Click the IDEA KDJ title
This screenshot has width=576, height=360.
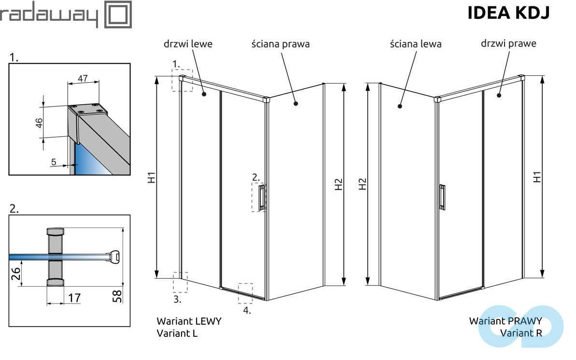coord(508,14)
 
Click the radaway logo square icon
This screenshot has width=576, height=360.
coord(118,14)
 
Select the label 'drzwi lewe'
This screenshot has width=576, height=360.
coord(188,44)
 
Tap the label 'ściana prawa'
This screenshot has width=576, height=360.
coord(281,44)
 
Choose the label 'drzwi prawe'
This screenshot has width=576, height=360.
coord(508,43)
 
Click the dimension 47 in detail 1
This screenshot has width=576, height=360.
coord(83,79)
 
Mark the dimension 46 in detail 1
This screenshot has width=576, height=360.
coord(39,123)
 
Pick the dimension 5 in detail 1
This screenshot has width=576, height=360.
coord(54,162)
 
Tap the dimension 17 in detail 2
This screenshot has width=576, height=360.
coord(73,298)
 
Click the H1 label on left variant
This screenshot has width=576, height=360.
coord(152,177)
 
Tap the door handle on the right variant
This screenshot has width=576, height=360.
coord(442,197)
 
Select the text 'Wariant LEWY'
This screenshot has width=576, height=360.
coord(189,321)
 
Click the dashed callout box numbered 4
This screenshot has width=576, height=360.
coord(245,293)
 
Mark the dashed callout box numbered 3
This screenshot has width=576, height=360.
coord(180,282)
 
